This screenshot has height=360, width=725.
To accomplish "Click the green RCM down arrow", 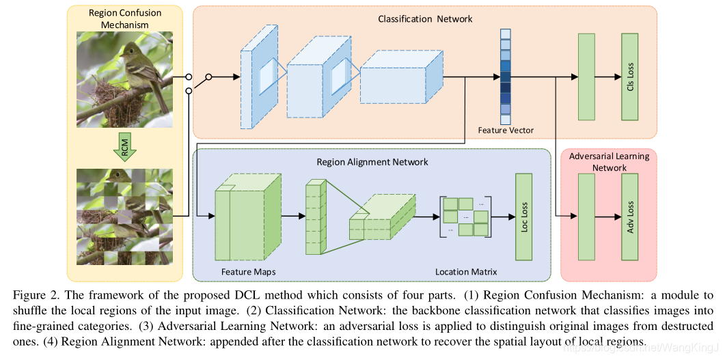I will tap(125, 147).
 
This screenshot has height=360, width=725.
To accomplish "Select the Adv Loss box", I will tap(630, 217).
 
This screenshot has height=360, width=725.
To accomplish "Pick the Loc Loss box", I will tap(524, 216).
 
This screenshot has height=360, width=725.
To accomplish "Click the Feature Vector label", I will tap(506, 130).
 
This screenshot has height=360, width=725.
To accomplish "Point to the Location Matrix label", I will tap(466, 272).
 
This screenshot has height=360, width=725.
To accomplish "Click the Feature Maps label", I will tap(244, 272).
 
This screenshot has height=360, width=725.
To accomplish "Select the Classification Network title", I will tap(425, 19).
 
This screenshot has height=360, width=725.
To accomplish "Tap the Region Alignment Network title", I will tap(372, 162).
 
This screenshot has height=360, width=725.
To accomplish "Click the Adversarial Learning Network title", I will tap(610, 161).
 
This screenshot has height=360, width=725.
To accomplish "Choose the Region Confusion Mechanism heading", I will tap(125, 18).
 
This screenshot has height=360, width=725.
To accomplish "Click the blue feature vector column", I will tap(506, 77).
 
